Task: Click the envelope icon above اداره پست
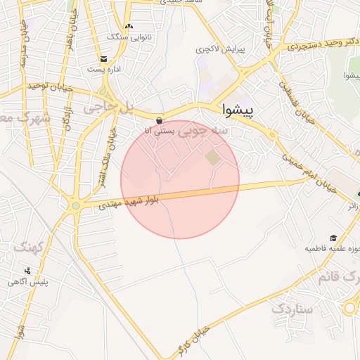pyautogui.click(x=103, y=59)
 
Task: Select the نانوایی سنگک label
pyautogui.click(x=124, y=36)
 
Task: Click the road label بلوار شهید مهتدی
pyautogui.click(x=128, y=202)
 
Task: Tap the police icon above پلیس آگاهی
pyautogui.click(x=27, y=271)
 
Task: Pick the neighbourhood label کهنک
pyautogui.click(x=29, y=247)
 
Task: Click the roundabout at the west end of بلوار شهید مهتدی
pyautogui.click(x=75, y=206)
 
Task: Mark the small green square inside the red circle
pyautogui.click(x=212, y=158)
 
